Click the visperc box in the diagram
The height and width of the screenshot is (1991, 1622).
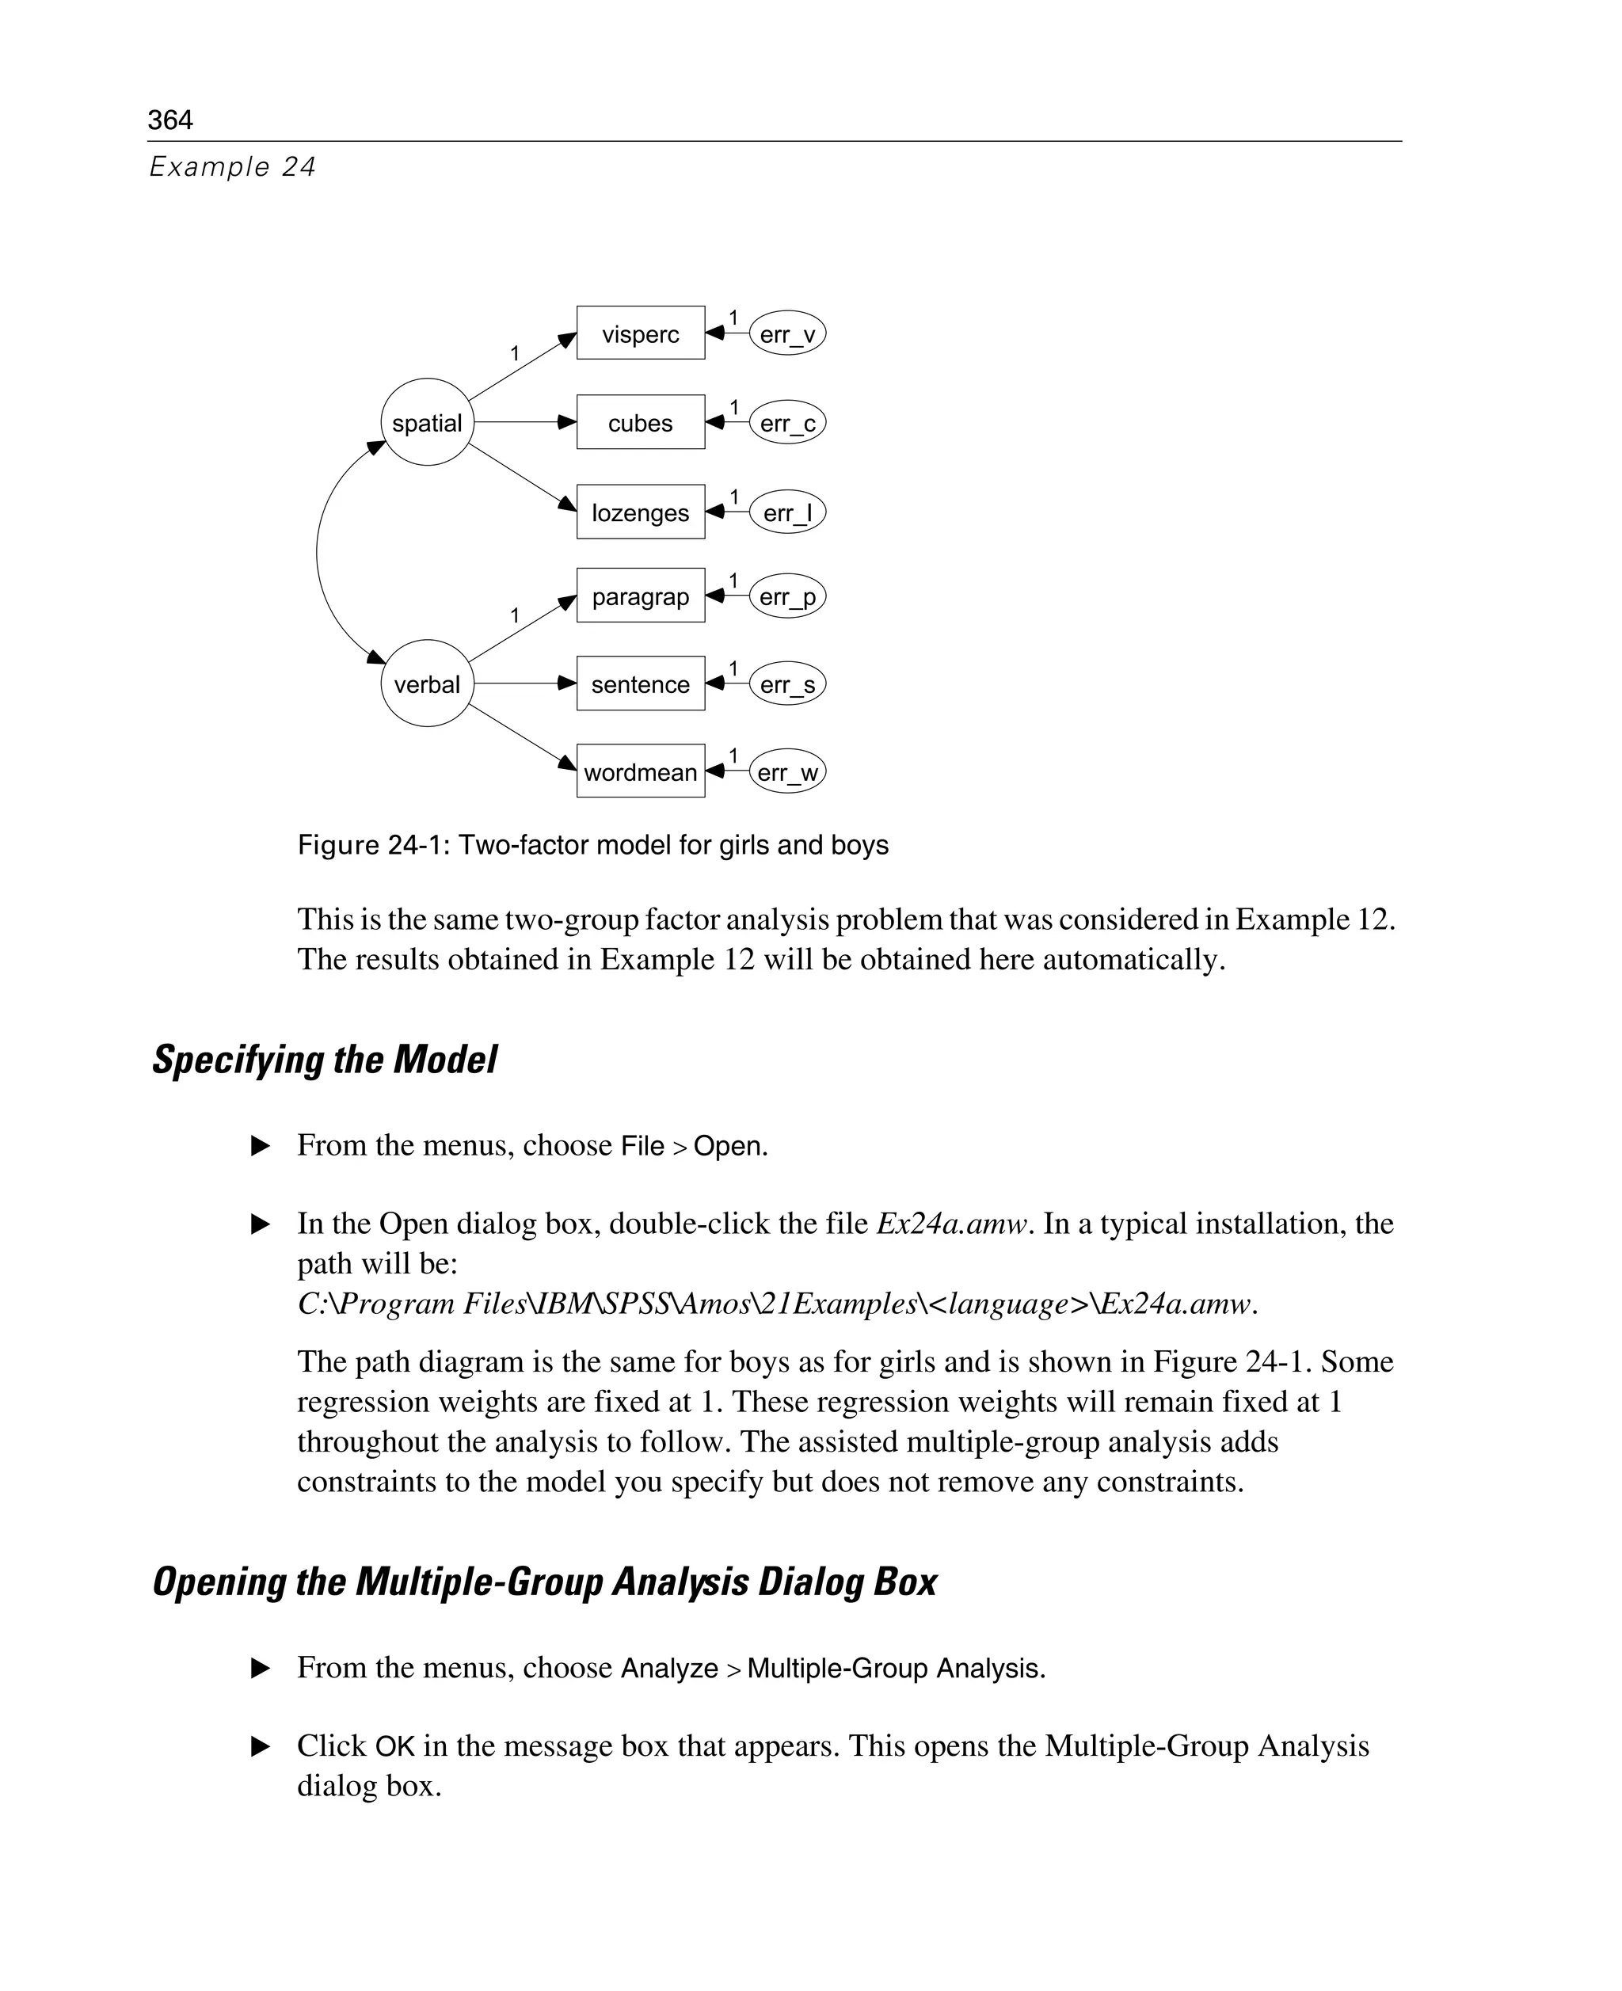pyautogui.click(x=640, y=333)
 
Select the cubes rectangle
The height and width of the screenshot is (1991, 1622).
pyautogui.click(x=640, y=422)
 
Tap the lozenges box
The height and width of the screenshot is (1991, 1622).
pyautogui.click(x=640, y=512)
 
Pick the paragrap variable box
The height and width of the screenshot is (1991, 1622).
pyautogui.click(x=640, y=595)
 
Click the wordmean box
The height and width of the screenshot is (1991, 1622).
pyautogui.click(x=640, y=771)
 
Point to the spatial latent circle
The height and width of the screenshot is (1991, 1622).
pyautogui.click(x=427, y=422)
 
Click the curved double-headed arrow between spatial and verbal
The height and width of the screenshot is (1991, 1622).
pyautogui.click(x=318, y=553)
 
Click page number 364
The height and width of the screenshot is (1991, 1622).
pyautogui.click(x=170, y=120)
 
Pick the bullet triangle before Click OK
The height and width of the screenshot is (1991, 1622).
pyautogui.click(x=261, y=1745)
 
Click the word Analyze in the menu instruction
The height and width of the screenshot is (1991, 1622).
pyautogui.click(x=669, y=1668)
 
